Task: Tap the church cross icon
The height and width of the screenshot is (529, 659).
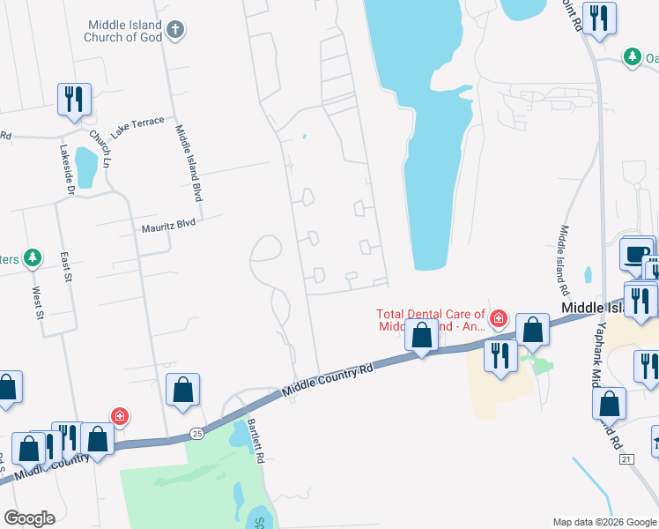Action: tap(175, 32)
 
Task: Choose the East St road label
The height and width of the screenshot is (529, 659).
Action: tap(65, 266)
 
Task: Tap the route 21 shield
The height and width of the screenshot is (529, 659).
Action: tap(626, 459)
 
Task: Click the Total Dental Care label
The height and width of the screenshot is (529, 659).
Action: tap(431, 320)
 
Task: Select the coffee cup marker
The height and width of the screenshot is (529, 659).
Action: tap(636, 254)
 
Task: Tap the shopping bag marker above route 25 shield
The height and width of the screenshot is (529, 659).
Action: tap(182, 391)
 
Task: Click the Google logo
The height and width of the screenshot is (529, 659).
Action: tap(29, 518)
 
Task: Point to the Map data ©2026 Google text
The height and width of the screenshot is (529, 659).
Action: tap(603, 521)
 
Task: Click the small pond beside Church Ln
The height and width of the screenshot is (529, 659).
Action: tap(86, 167)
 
